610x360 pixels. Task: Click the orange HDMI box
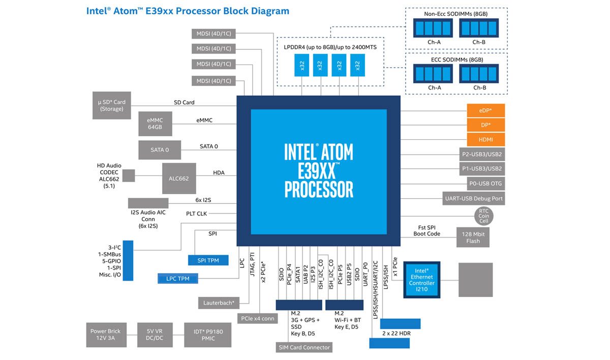point(486,139)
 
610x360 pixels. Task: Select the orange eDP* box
point(486,110)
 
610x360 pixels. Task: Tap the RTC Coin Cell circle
point(483,216)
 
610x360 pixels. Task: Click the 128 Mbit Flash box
point(473,237)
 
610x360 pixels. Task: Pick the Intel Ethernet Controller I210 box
point(421,280)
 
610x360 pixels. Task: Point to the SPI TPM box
point(208,260)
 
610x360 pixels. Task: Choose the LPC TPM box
point(178,279)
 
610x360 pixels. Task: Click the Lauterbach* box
point(219,303)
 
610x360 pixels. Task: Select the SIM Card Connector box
point(304,347)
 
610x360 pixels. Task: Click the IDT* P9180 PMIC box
point(208,335)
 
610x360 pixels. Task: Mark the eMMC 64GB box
point(155,124)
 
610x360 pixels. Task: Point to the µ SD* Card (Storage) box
point(112,105)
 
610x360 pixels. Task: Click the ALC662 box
point(179,178)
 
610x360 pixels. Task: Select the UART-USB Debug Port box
point(474,198)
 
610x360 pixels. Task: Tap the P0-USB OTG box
point(485,184)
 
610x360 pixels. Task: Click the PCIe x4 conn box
point(258,319)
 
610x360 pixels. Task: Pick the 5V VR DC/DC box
point(155,335)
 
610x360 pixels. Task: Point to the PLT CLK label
point(196,214)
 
